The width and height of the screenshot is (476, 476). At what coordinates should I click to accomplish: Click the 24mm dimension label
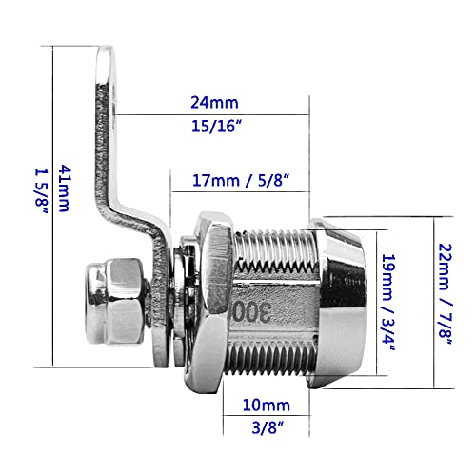214,103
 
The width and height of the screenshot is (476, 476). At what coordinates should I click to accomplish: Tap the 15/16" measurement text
217,126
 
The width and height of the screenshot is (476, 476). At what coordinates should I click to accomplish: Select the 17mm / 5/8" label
242,181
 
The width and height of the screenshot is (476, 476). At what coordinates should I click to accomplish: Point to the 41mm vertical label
64,188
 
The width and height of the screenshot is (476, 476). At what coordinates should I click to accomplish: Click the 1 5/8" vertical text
41,190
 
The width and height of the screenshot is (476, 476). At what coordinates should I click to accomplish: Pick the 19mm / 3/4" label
388,302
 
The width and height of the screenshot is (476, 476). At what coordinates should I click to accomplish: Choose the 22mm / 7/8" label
446,294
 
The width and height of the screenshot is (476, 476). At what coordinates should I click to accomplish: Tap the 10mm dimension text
267,406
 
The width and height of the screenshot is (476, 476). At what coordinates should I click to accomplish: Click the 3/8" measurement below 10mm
268,427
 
